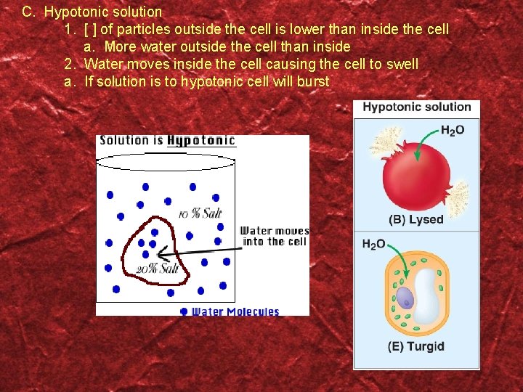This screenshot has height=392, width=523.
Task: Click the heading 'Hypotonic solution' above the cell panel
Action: (417, 107)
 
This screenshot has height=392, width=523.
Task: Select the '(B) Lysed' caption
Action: (416, 219)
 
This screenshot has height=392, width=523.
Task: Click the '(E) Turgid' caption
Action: (415, 346)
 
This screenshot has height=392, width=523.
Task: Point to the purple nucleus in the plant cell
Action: (405, 298)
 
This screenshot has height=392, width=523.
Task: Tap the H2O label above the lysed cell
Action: (453, 131)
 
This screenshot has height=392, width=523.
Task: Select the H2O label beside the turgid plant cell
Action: (374, 245)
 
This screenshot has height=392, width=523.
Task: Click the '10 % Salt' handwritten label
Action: (200, 213)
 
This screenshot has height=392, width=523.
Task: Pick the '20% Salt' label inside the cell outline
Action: (158, 269)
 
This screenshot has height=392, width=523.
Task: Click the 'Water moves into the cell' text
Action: (275, 236)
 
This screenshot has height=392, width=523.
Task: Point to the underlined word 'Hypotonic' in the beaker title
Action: (201, 140)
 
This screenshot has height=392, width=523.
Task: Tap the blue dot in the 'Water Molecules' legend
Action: (184, 311)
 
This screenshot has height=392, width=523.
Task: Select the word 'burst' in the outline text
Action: (312, 81)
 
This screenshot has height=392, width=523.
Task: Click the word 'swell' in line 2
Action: (402, 64)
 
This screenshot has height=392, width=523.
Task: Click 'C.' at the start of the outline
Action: (29, 12)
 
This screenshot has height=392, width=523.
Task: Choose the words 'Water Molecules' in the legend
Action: (235, 311)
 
